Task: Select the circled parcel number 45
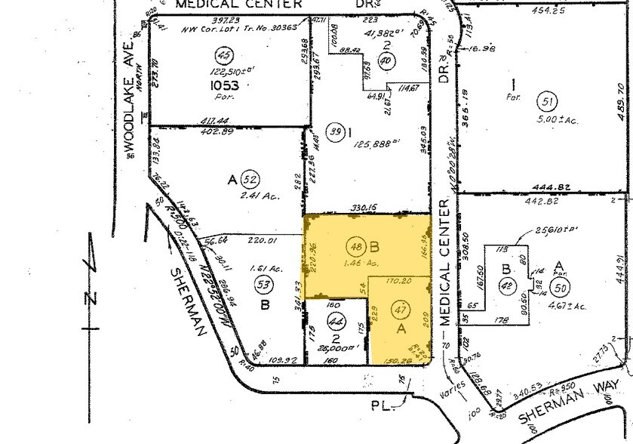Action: tap(223, 55)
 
